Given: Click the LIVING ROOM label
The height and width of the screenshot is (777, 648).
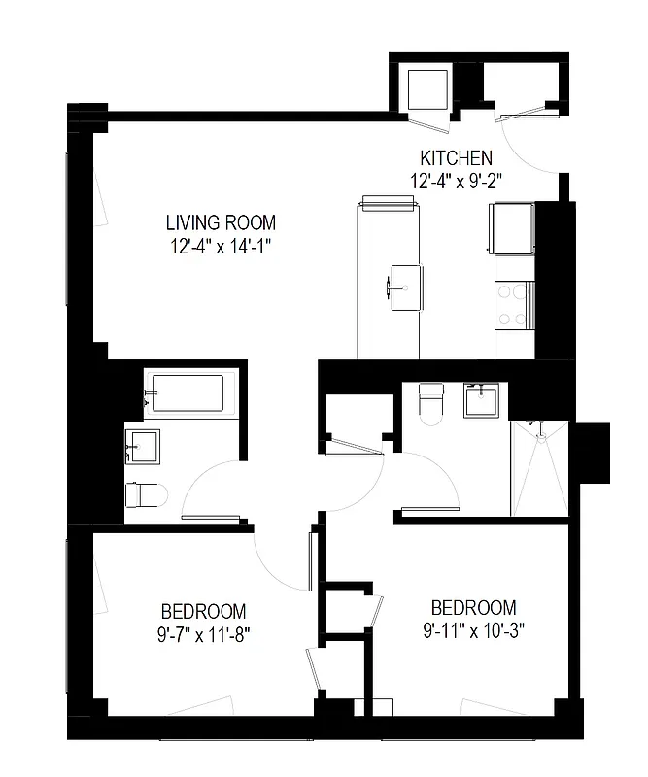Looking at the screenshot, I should pos(220,222).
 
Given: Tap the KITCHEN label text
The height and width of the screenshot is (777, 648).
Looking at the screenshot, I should pos(456,157).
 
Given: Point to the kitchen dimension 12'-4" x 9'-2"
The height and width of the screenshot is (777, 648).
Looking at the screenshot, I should pos(456,180).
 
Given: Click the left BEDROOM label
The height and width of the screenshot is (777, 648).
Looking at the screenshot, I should pos(203,612).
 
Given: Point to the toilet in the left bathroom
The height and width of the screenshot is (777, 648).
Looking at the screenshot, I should pos(146,495).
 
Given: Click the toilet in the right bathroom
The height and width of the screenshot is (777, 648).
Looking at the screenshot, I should pos(430,403).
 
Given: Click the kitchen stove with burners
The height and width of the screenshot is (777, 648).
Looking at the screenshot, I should pos(514,303).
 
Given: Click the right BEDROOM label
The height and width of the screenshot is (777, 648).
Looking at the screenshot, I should pos(473,607).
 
